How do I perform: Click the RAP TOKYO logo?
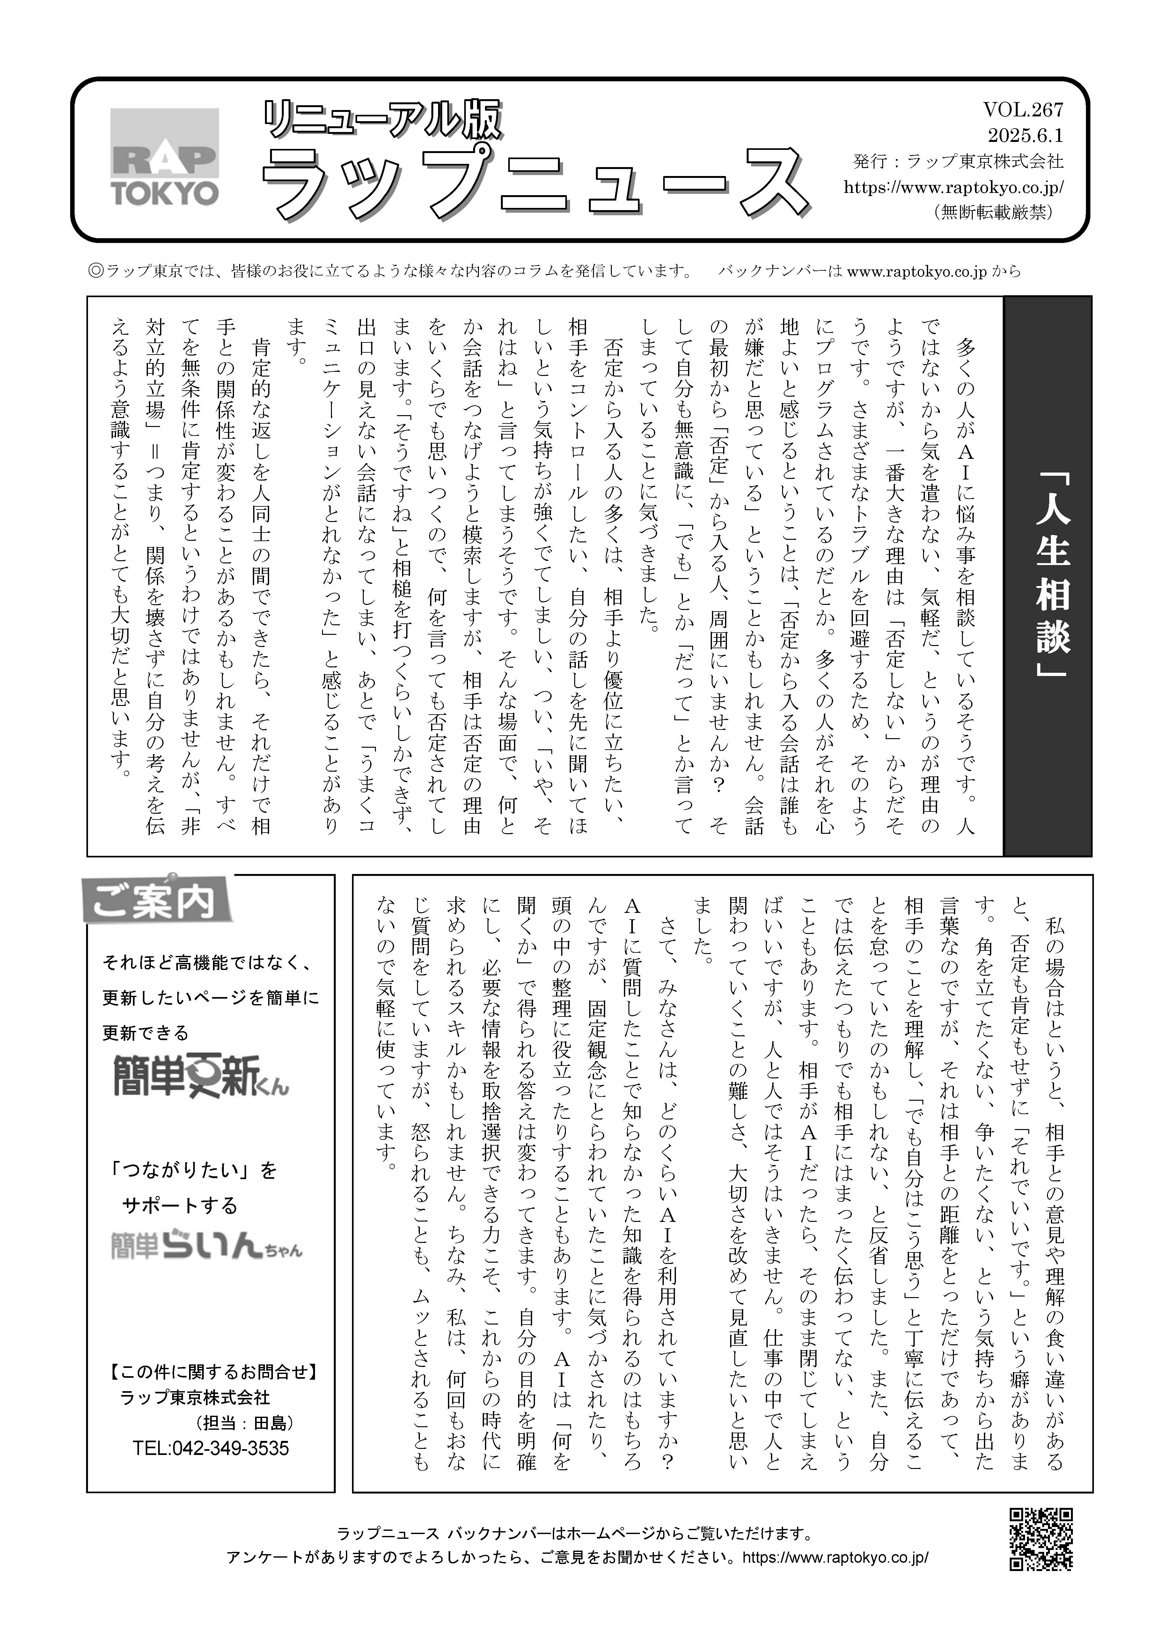tap(165, 157)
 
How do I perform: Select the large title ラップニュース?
tap(536, 183)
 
